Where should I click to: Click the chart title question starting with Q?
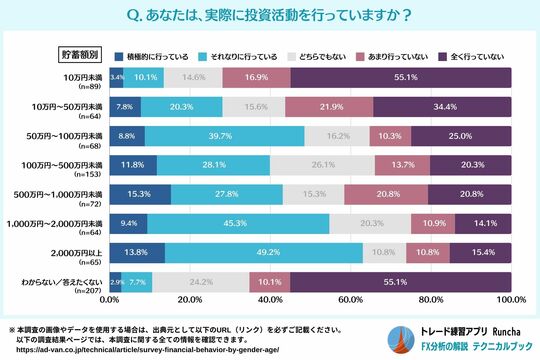tap(270, 17)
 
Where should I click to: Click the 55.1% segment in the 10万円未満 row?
tap(400, 77)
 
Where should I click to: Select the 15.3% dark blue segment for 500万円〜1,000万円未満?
tap(140, 194)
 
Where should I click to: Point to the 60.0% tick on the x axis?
tap(350, 300)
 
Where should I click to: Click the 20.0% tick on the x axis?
tap(189, 300)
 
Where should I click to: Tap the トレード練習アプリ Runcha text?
tap(470, 332)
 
